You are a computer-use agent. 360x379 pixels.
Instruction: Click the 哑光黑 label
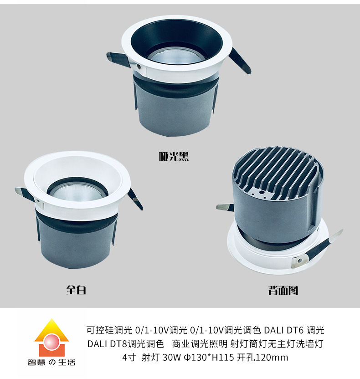174,156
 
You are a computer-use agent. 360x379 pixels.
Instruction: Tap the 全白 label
76,290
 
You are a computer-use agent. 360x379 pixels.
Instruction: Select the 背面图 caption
283,290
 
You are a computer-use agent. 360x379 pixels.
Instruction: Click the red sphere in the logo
51,341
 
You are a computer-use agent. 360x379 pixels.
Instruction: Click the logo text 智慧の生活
51,362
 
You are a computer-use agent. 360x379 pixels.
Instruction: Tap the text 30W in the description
171,357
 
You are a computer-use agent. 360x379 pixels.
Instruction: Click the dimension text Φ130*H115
209,357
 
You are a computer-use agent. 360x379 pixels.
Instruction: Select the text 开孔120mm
262,357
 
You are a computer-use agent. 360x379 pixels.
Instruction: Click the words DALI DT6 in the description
283,330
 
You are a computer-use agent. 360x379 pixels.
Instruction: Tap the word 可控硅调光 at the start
109,330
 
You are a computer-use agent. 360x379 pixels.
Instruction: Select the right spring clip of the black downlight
240,61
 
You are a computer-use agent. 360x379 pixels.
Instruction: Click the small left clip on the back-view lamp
225,207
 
